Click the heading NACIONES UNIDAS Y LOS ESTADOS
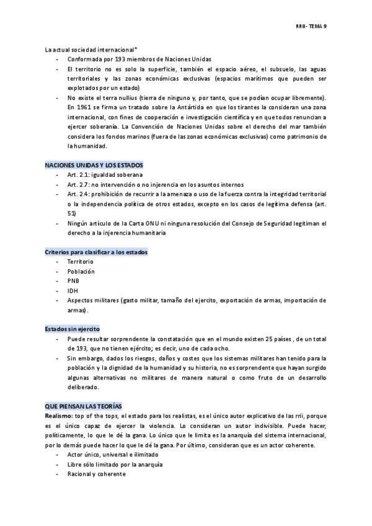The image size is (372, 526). pos(94,166)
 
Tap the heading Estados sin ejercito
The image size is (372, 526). pos(73,328)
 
